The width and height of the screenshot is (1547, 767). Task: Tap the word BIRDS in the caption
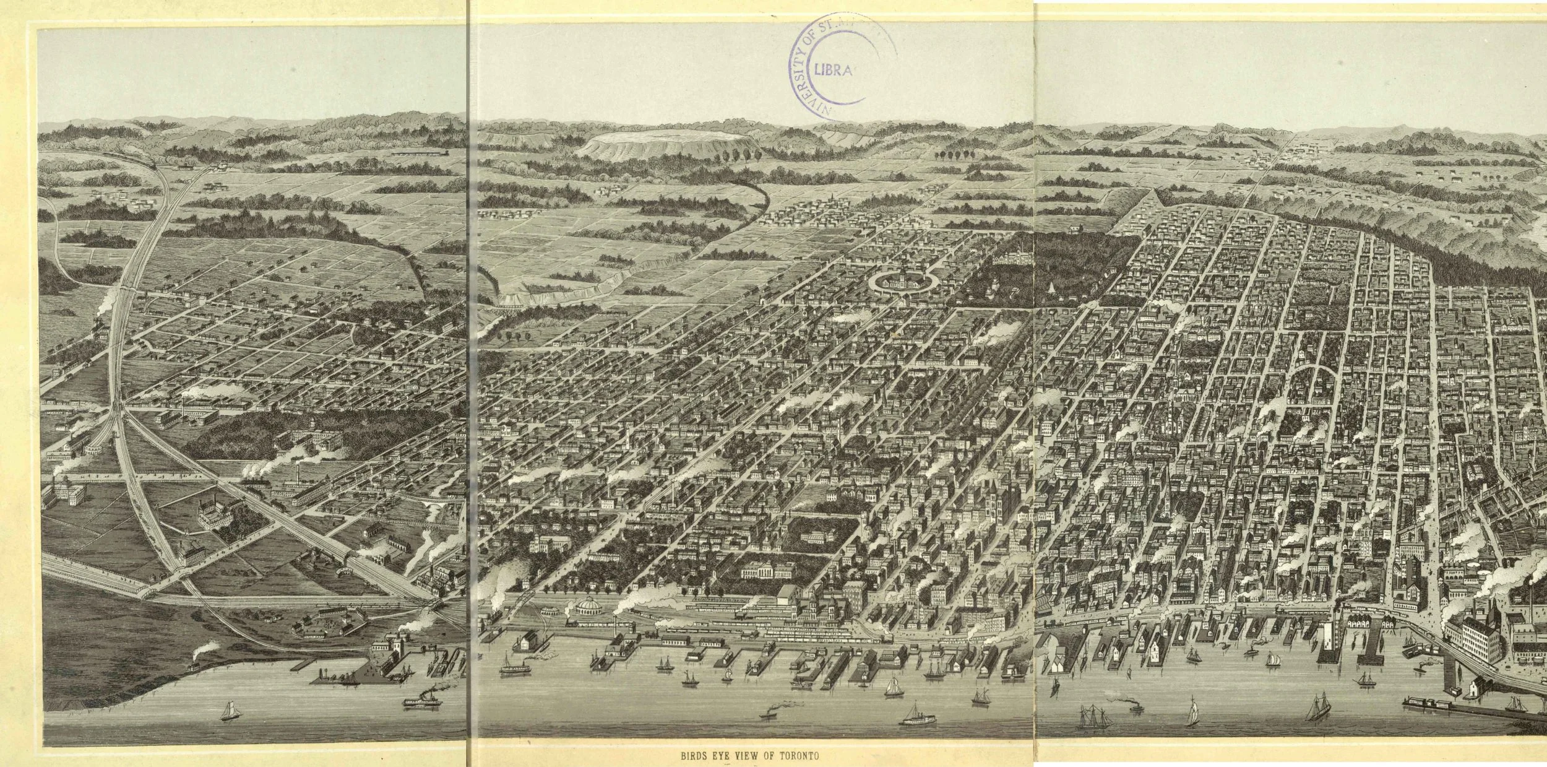click(694, 756)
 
